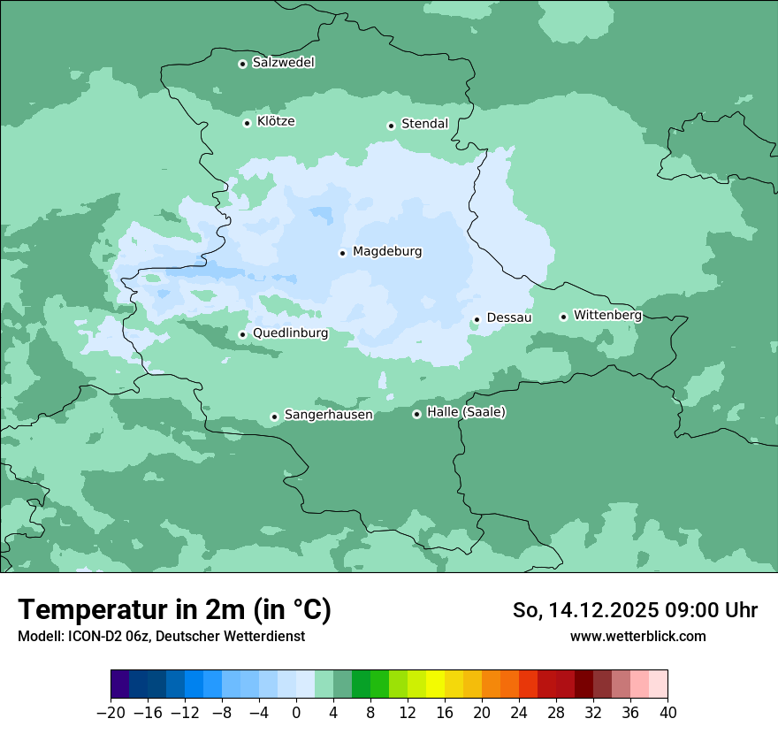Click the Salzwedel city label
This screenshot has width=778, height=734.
click(283, 63)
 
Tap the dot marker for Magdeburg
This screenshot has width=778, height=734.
click(343, 253)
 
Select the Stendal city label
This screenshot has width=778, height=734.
click(424, 124)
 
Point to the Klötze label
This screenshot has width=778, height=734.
click(276, 121)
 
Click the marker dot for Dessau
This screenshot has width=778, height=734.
click(477, 319)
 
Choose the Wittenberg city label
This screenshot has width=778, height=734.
click(607, 315)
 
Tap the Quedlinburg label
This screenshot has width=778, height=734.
click(290, 333)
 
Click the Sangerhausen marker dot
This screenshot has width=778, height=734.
click(275, 417)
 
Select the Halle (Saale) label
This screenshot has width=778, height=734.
click(466, 412)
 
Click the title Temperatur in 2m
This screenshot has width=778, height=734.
click(174, 609)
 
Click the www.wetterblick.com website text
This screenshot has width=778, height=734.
click(637, 636)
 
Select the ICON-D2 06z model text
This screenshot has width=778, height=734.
click(103, 636)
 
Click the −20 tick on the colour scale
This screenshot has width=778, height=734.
click(111, 713)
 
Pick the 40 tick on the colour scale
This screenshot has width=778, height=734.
click(667, 713)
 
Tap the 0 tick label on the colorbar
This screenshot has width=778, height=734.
click(296, 713)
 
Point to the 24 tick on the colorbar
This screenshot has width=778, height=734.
click(519, 713)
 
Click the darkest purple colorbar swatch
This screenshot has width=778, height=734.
click(120, 684)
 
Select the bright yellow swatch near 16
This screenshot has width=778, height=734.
click(435, 684)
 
